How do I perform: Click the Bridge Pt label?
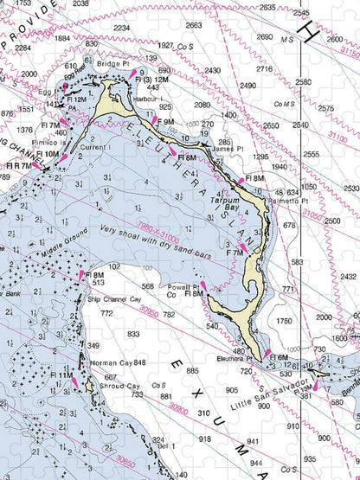point(112,63)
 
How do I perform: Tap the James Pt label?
point(228,150)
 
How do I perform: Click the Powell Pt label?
point(183,285)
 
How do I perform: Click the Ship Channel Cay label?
point(114,299)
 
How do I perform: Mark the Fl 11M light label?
point(61,374)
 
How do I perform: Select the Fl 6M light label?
point(279,356)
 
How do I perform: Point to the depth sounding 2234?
point(122,29)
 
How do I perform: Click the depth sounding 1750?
point(285,321)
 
